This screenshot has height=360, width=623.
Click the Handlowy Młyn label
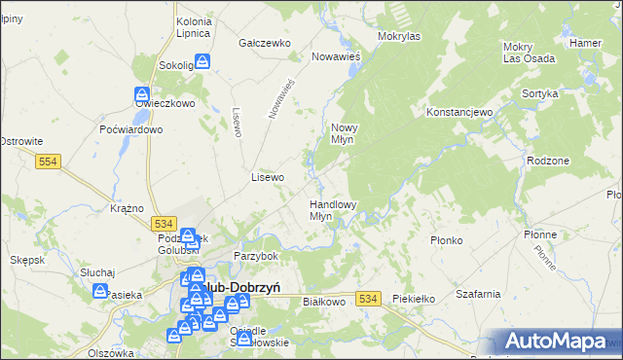pos(333,210)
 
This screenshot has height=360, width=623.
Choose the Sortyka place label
pos(539,93)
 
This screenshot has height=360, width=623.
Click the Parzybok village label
pos(256,256)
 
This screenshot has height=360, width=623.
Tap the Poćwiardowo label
pos(130,129)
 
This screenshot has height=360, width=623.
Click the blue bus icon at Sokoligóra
pos(202,61)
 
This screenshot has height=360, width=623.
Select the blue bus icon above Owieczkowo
pos(140,95)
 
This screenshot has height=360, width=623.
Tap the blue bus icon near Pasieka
pos(100,290)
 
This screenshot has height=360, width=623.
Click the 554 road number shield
pos(52,162)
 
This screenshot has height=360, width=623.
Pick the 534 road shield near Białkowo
pos(367,299)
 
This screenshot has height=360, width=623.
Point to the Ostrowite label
pos(19,142)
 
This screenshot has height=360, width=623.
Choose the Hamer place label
pos(586,43)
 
